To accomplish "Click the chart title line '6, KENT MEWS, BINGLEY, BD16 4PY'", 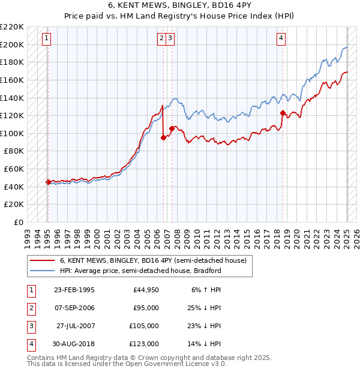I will click(180, 5).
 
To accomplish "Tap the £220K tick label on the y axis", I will click(13, 27).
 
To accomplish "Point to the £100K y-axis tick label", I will click(13, 133).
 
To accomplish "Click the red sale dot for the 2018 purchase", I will click(283, 113).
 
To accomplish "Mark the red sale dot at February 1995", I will click(48, 182).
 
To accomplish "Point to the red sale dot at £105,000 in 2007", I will click(172, 128).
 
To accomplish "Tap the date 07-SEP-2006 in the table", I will click(74, 308).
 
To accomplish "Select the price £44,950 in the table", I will click(143, 290).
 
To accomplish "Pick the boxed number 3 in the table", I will click(31, 326).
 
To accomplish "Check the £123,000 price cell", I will click(143, 344).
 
